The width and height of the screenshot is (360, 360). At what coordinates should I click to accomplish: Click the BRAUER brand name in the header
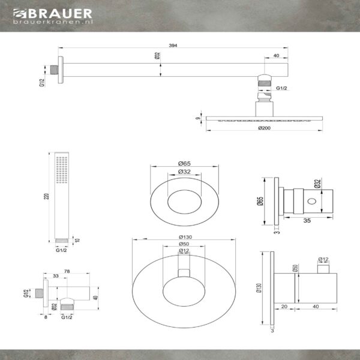pos(60,14)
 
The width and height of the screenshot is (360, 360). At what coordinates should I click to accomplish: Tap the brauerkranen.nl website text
pos(53,22)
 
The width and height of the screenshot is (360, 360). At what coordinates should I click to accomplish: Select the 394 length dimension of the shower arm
pos(173,46)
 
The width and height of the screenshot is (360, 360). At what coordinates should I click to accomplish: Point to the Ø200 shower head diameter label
pos(264,128)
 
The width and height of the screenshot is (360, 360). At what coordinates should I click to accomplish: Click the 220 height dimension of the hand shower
pos(47,196)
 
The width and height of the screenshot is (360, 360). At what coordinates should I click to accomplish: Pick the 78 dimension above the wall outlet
pos(67,271)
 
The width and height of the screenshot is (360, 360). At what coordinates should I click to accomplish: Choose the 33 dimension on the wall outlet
pos(56,276)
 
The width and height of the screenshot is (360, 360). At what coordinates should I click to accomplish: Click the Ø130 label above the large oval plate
pos(185,237)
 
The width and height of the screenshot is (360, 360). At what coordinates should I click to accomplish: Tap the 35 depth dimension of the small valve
pos(307,221)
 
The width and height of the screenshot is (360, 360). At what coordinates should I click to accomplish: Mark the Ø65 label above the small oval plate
pos(184,163)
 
